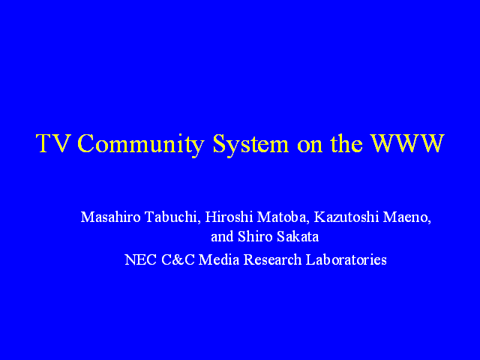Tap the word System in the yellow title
click(x=250, y=145)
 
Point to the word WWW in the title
click(x=407, y=143)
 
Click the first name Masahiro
click(x=110, y=217)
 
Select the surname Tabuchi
click(x=172, y=217)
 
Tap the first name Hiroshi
click(x=229, y=217)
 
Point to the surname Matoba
click(x=282, y=217)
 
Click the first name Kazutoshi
click(x=346, y=217)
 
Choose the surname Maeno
click(x=407, y=217)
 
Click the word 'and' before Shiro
click(x=222, y=237)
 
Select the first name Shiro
click(x=255, y=237)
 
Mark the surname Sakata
click(x=298, y=237)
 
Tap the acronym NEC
click(x=141, y=260)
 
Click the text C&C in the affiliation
click(x=178, y=260)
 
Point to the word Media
click(x=219, y=260)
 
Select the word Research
click(x=272, y=260)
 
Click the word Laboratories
click(x=346, y=260)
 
